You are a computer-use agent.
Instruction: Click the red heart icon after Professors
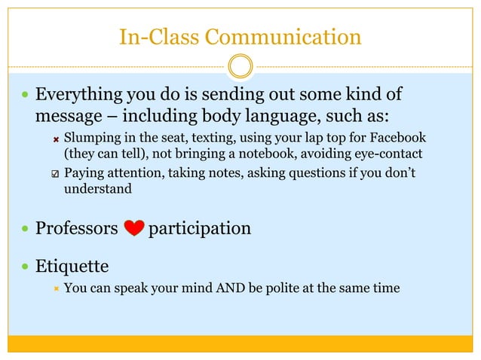(133, 228)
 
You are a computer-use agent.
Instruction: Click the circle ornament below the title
(240, 66)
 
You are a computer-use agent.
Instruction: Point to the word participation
(200, 228)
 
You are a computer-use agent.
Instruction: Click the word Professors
(77, 228)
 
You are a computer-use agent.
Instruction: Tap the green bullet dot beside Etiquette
(26, 267)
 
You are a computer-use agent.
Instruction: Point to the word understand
(97, 189)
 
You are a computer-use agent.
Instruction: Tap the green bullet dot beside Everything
(26, 97)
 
